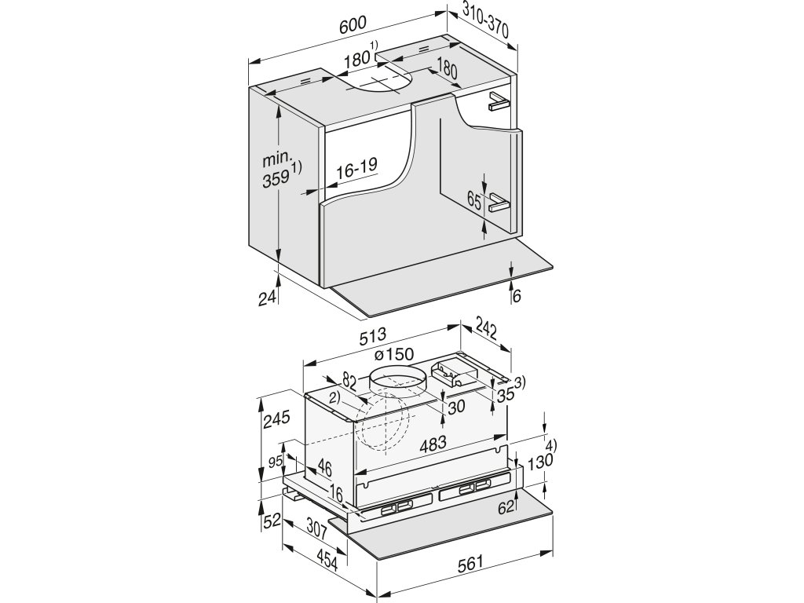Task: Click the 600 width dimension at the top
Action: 353,26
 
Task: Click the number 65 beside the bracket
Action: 474,200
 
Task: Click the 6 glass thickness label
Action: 517,296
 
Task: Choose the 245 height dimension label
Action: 277,419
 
